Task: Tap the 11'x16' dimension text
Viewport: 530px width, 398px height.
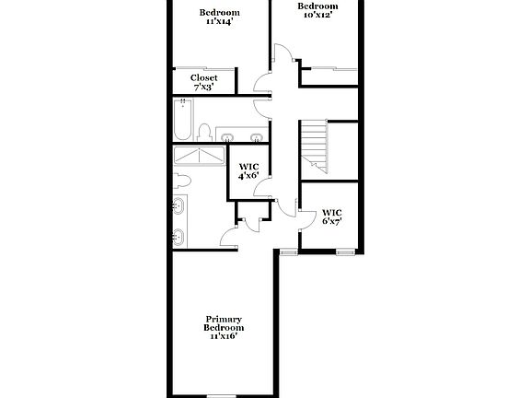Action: (224, 336)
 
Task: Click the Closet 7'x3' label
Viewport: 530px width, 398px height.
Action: (204, 82)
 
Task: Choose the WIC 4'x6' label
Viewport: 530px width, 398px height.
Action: (248, 170)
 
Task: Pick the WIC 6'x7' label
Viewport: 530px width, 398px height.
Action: (332, 217)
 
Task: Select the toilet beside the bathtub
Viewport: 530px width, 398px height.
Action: (207, 132)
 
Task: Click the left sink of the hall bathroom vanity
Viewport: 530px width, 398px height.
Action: (227, 136)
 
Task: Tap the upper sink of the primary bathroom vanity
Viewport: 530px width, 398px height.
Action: (178, 206)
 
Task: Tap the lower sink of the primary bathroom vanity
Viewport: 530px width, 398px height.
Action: (178, 237)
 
